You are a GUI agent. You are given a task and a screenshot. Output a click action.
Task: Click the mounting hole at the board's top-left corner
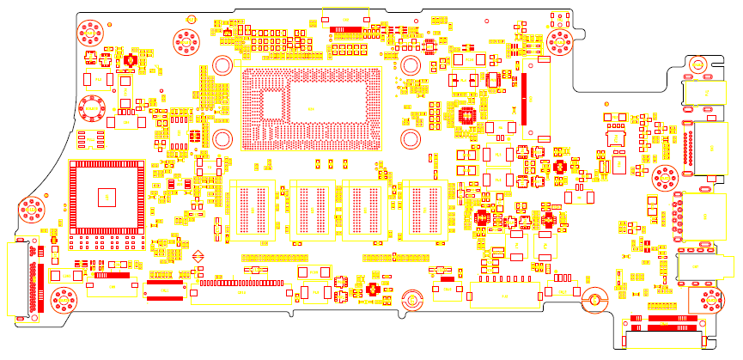click(89, 34)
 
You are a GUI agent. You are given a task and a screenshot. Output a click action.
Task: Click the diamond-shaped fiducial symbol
click(198, 255)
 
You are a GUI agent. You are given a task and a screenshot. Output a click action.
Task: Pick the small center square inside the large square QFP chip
click(107, 196)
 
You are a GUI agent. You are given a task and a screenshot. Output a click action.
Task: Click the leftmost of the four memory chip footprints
click(251, 209)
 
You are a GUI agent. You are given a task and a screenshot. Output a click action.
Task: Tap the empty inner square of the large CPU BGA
click(276, 105)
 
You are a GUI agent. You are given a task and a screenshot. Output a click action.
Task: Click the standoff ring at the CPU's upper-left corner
click(222, 65)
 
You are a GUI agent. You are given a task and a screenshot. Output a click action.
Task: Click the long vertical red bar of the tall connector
click(521, 97)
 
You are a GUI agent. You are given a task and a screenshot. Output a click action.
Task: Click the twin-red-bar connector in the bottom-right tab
click(661, 323)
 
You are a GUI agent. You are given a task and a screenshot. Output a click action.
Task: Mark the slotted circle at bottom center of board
click(412, 300)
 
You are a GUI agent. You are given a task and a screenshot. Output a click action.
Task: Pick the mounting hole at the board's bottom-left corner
click(63, 300)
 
